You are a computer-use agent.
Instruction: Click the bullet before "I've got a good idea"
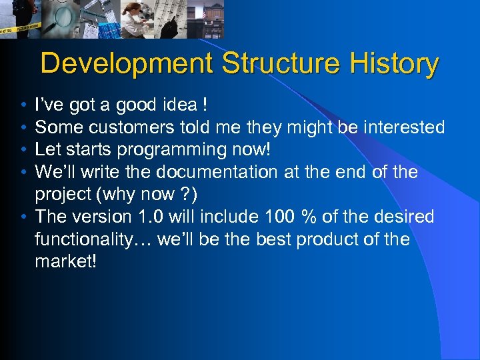[23, 106]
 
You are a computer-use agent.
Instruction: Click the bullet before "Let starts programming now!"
[23, 151]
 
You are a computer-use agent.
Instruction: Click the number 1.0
[143, 217]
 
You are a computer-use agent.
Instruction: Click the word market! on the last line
[66, 261]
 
